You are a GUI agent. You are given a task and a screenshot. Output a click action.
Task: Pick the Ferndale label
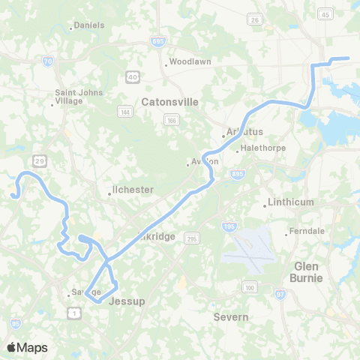[x=307, y=231]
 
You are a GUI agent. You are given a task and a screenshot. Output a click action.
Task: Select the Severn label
[x=231, y=317]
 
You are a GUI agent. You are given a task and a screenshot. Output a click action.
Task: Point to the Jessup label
[x=126, y=301]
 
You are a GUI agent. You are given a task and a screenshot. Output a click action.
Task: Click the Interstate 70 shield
[x=48, y=63]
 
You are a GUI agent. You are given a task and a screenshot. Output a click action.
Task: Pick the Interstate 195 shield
[x=228, y=226]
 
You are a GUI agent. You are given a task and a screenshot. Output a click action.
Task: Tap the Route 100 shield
[x=249, y=287]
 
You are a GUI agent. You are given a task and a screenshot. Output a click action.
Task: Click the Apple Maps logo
[x=27, y=346]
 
